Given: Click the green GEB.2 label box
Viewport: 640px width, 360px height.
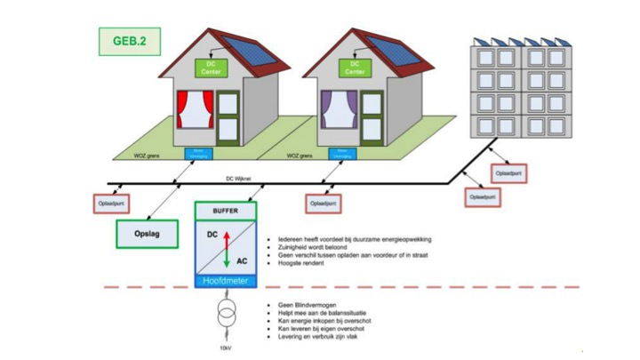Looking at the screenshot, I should tap(129, 41).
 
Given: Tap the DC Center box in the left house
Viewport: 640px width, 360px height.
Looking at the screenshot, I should tap(212, 68).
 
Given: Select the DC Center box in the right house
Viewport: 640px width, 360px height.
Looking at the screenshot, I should tap(355, 68).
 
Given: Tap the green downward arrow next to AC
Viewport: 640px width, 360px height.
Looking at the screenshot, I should tap(226, 259).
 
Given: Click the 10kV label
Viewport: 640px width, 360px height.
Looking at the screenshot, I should tap(225, 348).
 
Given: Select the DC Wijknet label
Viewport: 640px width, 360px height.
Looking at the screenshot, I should tap(240, 178).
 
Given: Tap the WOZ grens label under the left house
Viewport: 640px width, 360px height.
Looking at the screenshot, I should tap(148, 156).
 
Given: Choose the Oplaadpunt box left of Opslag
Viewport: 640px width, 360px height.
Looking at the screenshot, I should tap(113, 204).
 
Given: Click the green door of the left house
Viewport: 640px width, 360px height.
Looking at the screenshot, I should tap(228, 116).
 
